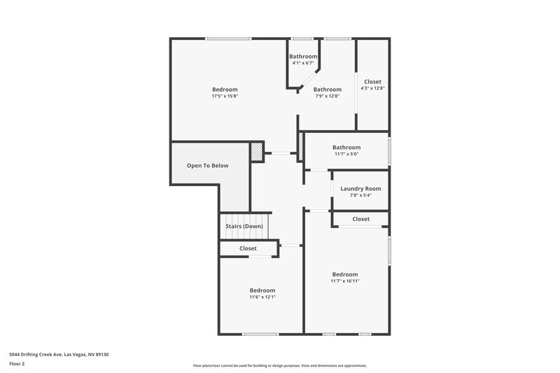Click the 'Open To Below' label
point(207,166)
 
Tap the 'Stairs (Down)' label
point(244,226)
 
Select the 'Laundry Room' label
point(360,189)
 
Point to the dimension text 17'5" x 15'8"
point(225,97)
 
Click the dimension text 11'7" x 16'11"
point(345,281)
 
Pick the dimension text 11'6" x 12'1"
point(262,297)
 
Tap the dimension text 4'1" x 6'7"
point(303,64)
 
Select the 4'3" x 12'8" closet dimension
point(372,88)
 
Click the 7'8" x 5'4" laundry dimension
point(360,196)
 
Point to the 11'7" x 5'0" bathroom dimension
point(346,154)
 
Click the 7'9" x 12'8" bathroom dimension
point(327,97)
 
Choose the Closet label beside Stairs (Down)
point(248,248)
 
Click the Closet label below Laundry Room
point(360,219)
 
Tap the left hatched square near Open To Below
point(258,151)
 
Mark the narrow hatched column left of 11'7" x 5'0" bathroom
point(301,148)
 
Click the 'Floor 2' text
point(17,364)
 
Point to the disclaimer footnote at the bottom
point(280,365)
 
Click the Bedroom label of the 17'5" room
point(225,90)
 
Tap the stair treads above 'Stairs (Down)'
point(245,217)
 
